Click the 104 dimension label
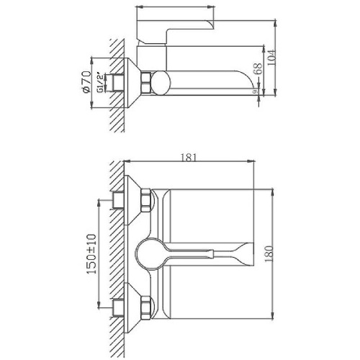click(x=271, y=58)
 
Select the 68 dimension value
click(x=258, y=69)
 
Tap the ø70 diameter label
click(x=86, y=82)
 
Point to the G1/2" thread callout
click(x=101, y=83)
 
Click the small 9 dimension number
click(x=256, y=91)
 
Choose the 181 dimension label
click(x=189, y=158)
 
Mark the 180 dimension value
click(x=269, y=254)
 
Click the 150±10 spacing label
click(x=91, y=254)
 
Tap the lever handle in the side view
click(x=175, y=32)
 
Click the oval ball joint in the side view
click(x=161, y=83)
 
